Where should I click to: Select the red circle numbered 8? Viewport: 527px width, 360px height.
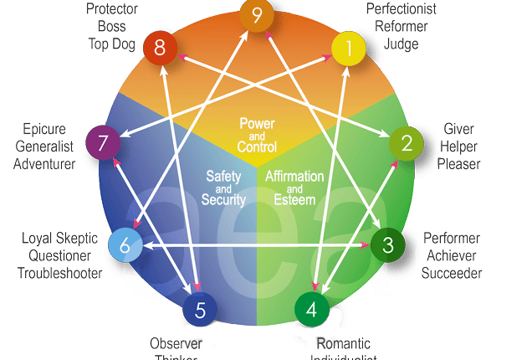159,49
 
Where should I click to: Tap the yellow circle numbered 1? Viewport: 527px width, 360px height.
350,48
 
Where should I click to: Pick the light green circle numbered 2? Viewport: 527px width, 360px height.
407,143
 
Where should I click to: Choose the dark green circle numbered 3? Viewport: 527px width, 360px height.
387,244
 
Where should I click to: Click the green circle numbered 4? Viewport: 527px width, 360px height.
312,309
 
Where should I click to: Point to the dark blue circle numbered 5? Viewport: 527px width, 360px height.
200,311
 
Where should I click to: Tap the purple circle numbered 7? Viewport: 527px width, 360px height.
103,144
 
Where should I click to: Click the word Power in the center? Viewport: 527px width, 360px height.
257,124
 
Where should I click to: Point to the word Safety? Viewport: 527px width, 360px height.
223,176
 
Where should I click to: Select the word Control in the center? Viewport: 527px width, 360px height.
257,147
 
